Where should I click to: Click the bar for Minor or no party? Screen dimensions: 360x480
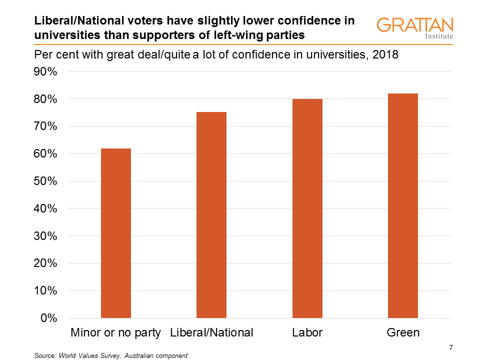click(116, 233)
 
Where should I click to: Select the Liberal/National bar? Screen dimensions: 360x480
click(211, 215)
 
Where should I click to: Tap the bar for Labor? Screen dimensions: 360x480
click(307, 208)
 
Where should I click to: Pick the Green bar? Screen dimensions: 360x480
click(403, 205)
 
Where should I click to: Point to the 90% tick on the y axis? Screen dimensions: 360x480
click(45, 72)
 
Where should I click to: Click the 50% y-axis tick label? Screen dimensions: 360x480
click(45, 181)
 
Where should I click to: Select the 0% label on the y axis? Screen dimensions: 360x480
click(48, 318)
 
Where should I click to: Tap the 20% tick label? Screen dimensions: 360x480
click(45, 263)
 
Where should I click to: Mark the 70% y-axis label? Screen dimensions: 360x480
click(45, 126)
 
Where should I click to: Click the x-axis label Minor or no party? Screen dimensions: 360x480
click(116, 333)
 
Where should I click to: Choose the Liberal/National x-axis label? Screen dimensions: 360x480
click(211, 333)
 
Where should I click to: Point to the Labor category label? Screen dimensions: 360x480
click(307, 333)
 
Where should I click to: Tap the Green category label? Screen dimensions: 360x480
click(403, 333)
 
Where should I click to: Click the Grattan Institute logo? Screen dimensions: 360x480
click(415, 28)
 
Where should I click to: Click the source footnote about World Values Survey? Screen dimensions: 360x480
click(110, 355)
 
